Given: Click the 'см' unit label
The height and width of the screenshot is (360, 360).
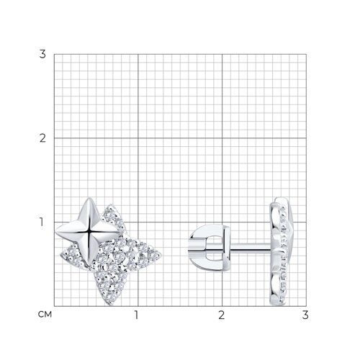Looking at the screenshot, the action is pyautogui.click(x=45, y=315).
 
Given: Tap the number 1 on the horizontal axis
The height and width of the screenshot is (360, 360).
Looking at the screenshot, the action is pyautogui.click(x=136, y=315).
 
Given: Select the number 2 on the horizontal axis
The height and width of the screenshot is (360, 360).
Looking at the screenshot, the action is pyautogui.click(x=221, y=315).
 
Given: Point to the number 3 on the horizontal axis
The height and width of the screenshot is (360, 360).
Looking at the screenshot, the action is pyautogui.click(x=305, y=315).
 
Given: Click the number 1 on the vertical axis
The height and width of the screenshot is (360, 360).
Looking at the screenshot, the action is pyautogui.click(x=41, y=222).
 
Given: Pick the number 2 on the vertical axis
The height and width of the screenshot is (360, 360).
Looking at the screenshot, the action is pyautogui.click(x=42, y=138).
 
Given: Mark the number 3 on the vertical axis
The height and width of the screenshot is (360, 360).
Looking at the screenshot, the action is pyautogui.click(x=42, y=54).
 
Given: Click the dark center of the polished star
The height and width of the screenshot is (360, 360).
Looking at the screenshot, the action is pyautogui.click(x=89, y=232).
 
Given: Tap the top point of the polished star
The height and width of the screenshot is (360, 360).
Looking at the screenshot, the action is pyautogui.click(x=89, y=198).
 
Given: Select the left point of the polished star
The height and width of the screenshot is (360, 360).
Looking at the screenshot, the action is pyautogui.click(x=56, y=232).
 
